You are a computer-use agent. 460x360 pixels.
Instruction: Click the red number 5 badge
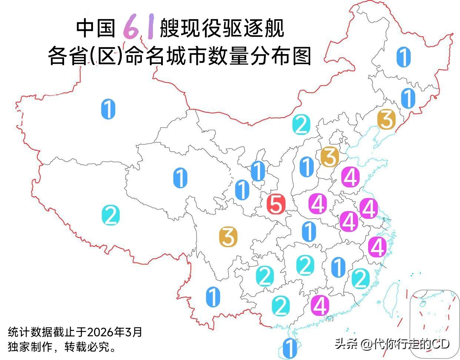pyautogui.click(x=276, y=204)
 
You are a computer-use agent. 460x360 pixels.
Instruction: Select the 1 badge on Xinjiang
pyautogui.click(x=108, y=109)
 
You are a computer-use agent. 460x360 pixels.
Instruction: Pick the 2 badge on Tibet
pyautogui.click(x=110, y=215)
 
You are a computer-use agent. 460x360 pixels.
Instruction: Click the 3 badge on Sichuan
pyautogui.click(x=228, y=237)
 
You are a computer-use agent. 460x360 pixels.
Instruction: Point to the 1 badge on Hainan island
pyautogui.click(x=289, y=348)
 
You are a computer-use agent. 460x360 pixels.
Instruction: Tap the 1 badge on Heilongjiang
pyautogui.click(x=403, y=57)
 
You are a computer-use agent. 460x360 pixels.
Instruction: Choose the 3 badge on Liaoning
pyautogui.click(x=387, y=119)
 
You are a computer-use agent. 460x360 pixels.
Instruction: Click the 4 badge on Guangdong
pyautogui.click(x=320, y=305)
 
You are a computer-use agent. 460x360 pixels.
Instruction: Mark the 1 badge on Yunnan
pyautogui.click(x=213, y=297)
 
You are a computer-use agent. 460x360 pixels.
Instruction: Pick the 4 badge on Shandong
pyautogui.click(x=350, y=177)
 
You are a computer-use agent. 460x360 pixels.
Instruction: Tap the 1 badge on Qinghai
pyautogui.click(x=180, y=178)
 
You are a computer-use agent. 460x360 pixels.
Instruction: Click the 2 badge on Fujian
pyautogui.click(x=360, y=278)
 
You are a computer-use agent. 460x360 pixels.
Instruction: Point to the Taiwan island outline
pyautogui.click(x=390, y=298)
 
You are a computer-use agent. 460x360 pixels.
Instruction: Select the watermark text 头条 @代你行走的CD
pyautogui.click(x=392, y=344)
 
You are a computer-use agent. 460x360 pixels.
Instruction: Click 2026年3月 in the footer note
pyautogui.click(x=115, y=331)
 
